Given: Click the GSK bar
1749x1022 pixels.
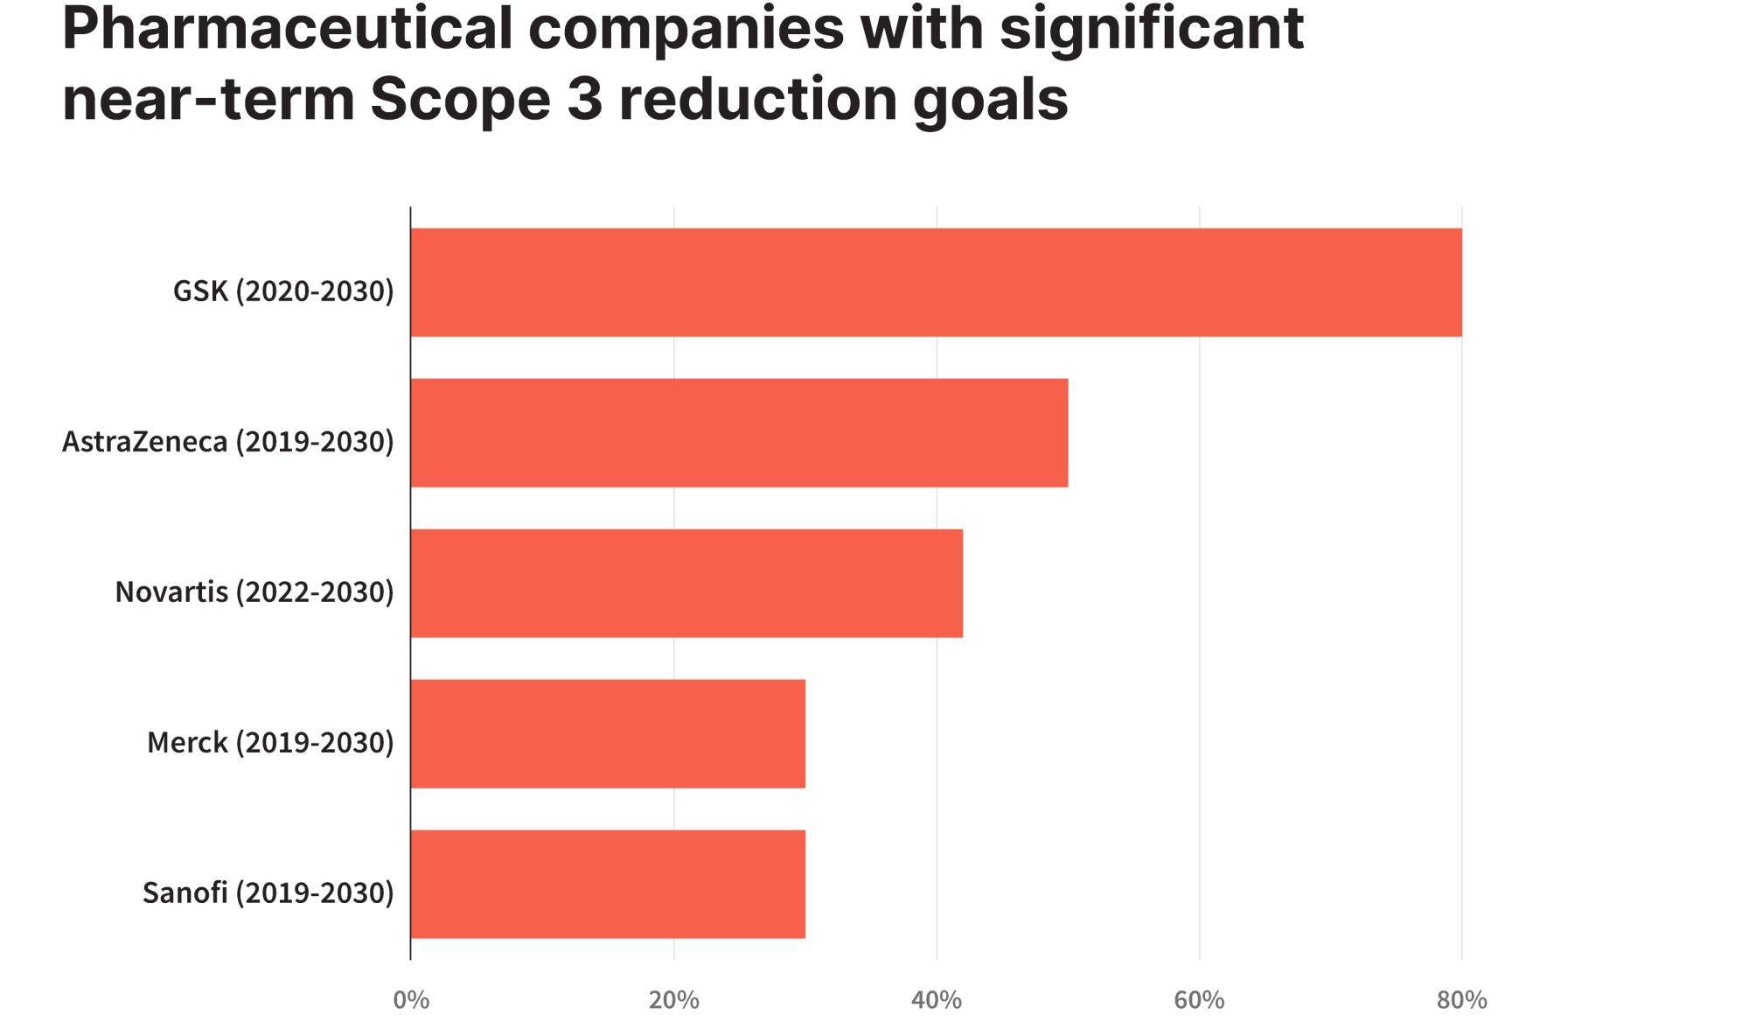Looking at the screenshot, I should [x=936, y=283].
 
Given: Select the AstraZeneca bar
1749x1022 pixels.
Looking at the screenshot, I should [x=739, y=433].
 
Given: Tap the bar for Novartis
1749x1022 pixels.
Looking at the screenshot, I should [x=686, y=584].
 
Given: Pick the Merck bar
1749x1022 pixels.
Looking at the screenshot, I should [x=608, y=734].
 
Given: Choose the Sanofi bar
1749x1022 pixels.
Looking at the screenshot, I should [x=608, y=885].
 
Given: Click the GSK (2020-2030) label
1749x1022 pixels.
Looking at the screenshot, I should [x=283, y=290].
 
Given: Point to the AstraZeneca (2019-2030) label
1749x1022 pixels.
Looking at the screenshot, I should [x=227, y=441].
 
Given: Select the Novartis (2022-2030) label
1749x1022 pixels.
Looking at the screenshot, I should [x=254, y=591].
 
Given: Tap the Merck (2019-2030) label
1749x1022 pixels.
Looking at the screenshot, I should [x=270, y=742].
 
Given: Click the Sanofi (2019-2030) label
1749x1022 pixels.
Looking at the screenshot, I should [x=268, y=892].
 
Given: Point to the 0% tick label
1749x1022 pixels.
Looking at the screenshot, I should [x=411, y=999].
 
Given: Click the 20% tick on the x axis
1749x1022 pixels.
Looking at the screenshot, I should [x=673, y=999].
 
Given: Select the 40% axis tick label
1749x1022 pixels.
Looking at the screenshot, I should [x=937, y=999].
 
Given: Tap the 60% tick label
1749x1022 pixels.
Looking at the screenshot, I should [x=1199, y=999].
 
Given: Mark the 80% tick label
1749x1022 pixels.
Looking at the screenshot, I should [x=1461, y=999].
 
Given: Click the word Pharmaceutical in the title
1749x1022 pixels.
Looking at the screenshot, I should [x=287, y=28].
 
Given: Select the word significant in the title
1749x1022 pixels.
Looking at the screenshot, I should [x=1152, y=30].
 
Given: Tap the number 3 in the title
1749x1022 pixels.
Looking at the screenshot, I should [x=585, y=99].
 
